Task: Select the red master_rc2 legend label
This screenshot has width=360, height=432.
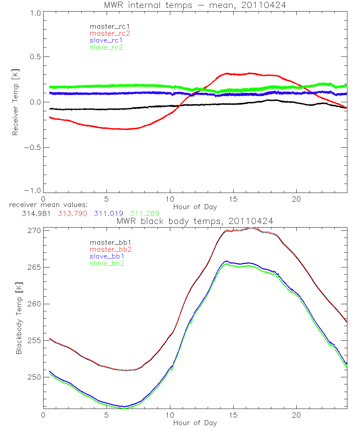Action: click(x=110, y=33)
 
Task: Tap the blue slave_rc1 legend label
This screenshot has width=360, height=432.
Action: click(x=106, y=40)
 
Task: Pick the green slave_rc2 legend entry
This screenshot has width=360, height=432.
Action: click(x=106, y=47)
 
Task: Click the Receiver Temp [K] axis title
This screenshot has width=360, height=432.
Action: click(x=15, y=102)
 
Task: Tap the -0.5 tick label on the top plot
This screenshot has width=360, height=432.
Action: click(x=32, y=148)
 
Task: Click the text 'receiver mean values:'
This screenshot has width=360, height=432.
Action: click(x=51, y=205)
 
